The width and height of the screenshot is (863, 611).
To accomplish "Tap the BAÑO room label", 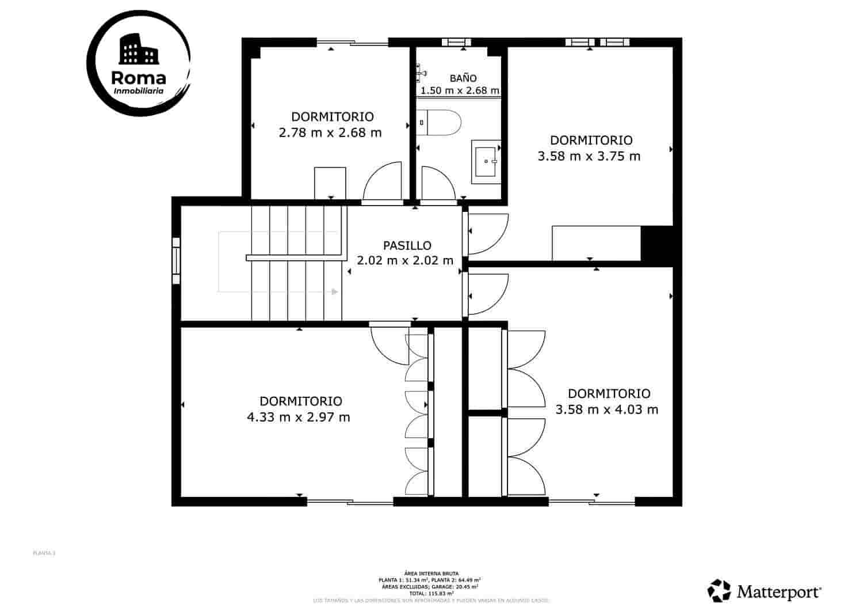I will pos(463,78).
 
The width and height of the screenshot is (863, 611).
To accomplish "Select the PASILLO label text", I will pos(407,246).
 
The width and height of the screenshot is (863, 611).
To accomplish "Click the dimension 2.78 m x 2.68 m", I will pos(330,133).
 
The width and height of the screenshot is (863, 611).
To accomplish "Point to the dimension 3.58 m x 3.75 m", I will pos(589,156).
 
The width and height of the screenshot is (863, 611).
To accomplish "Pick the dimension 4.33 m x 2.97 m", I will pos(298,417).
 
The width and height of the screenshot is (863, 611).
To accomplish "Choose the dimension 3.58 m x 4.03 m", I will pos(606,410).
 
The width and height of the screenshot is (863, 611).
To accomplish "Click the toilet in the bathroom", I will pos(440,122).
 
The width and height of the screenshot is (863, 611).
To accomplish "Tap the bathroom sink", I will pos(486,161).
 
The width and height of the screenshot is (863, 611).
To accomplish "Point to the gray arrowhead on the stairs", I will pos(334,292).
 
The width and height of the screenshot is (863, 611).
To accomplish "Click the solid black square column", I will pos(656,243).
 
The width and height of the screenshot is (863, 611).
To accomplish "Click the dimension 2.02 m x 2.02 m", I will pos(405,260).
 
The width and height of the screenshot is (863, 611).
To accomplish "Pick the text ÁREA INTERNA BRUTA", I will pos(431,574).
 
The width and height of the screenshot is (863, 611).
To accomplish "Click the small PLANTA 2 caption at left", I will pos(44,553).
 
